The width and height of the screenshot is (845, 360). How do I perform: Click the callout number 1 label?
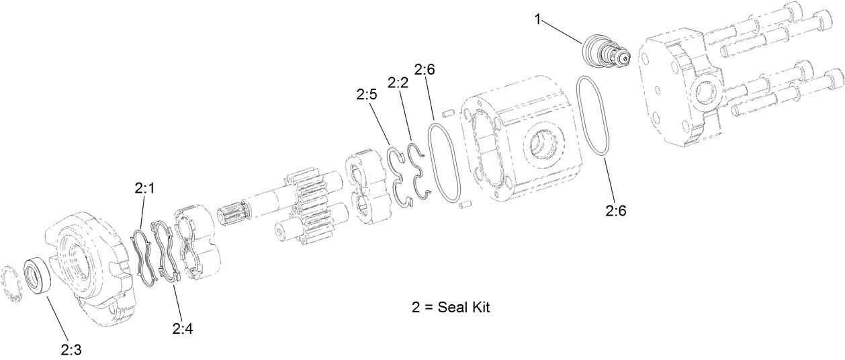tap(537, 19)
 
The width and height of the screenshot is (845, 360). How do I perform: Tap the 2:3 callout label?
tap(71, 349)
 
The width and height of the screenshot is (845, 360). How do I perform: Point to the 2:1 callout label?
tap(144, 189)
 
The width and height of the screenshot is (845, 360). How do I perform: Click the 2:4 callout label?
tap(183, 328)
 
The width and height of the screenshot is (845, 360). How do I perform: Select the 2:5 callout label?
tap(367, 95)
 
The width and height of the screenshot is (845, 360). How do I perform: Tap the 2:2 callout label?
tap(398, 82)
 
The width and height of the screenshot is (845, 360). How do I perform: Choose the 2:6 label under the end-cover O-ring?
tap(616, 210)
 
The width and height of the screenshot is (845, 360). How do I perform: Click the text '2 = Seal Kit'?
tap(451, 308)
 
